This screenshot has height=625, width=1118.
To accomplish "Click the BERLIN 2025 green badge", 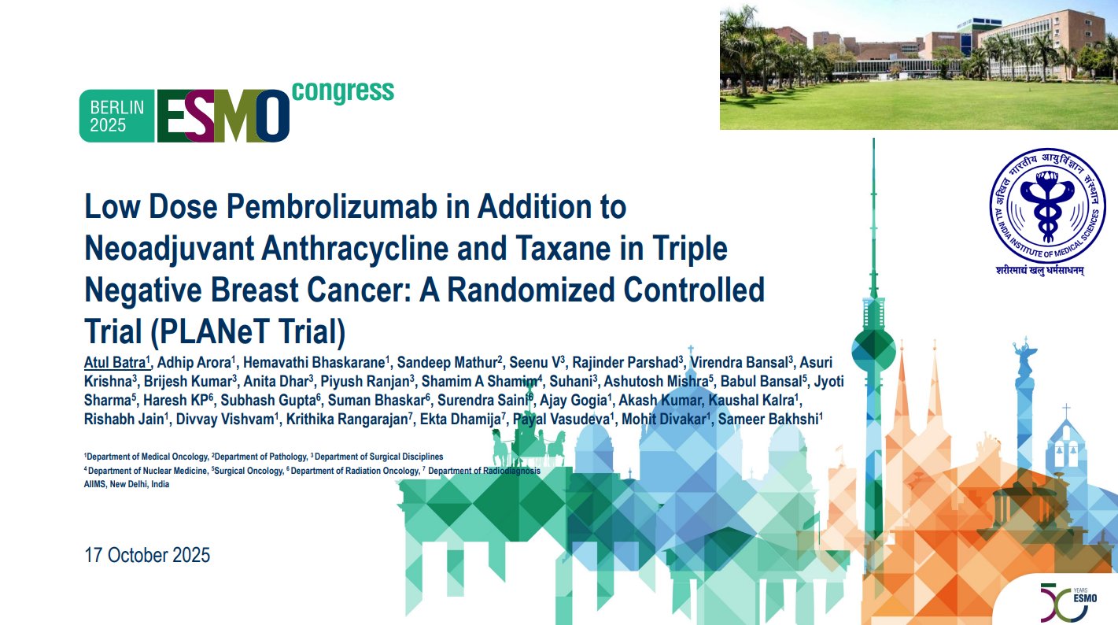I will tap(117, 116).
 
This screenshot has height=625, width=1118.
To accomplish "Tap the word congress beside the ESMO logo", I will tap(343, 91).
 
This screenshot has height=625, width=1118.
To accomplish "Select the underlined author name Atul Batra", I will tap(115, 362).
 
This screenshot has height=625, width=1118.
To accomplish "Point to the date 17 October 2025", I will tap(147, 555).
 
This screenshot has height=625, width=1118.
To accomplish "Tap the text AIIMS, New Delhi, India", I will tap(127, 484).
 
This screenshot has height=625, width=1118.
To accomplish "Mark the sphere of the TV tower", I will tap(873, 344).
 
